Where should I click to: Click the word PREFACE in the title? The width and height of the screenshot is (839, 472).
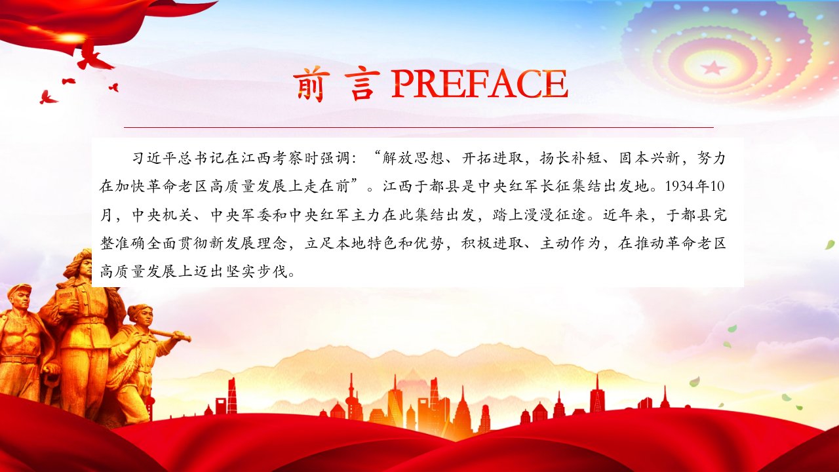pos(479,84)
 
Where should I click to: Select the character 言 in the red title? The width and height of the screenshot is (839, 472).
pos(362,84)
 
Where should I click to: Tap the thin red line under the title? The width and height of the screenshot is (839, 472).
pos(419,127)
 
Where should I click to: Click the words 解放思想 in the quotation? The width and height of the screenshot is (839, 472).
pos(413,158)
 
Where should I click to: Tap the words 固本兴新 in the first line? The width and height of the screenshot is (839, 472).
pos(649,158)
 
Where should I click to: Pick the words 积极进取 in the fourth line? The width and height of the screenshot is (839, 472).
pos(492,243)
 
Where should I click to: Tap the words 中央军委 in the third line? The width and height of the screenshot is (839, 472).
pos(242,215)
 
